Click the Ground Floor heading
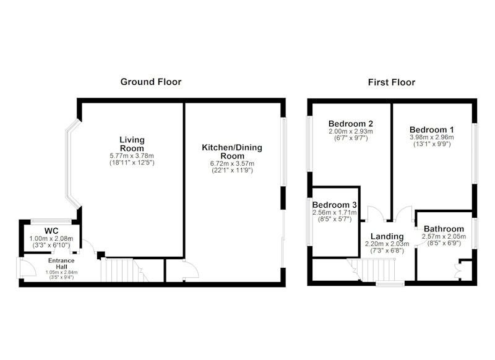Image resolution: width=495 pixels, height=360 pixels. (151, 82)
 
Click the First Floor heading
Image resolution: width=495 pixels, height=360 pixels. (392, 82)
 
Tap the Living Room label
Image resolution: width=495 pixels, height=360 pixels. (132, 144)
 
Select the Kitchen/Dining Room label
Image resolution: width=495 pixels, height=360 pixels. (232, 152)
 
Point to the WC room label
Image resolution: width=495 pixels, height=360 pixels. (51, 231)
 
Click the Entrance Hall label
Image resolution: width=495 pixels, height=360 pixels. (61, 264)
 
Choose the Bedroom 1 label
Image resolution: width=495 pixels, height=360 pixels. (431, 130)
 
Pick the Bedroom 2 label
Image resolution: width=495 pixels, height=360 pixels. (351, 124)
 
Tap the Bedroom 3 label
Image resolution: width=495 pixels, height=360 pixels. (335, 205)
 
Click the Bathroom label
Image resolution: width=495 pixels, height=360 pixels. (444, 229)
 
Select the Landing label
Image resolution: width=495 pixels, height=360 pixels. (387, 236)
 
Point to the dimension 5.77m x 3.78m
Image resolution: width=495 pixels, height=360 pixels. (132, 156)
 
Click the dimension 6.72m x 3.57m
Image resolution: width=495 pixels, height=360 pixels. (233, 163)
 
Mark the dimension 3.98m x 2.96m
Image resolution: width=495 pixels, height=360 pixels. (432, 137)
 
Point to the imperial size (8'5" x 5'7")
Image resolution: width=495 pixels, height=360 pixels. (335, 220)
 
